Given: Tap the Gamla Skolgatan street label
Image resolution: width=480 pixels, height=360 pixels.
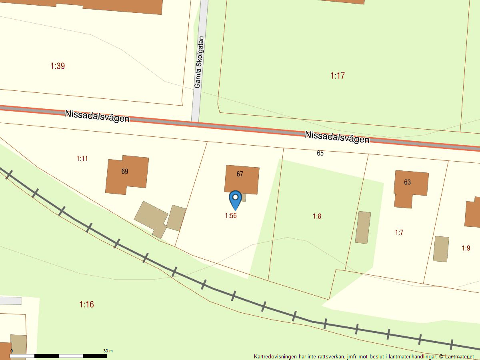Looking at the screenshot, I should pos(199,62).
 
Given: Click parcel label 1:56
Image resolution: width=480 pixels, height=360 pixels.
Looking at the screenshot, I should pos(231,216).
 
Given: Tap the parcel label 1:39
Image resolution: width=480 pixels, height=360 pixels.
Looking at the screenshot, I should pos(58,66).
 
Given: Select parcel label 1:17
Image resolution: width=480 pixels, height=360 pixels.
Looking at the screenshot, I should pos(338,76).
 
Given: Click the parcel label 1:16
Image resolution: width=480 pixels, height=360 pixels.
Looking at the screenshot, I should pos(86,304).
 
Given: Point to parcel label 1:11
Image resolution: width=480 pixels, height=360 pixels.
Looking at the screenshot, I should pos(82,159).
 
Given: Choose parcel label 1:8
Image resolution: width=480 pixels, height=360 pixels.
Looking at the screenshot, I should pos(317,216).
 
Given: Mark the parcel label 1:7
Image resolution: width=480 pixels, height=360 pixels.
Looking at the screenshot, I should pos(399,232).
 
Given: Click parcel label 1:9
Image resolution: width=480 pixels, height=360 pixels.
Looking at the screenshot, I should pos(466,248).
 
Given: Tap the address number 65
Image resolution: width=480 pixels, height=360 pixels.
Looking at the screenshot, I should pos(320,153).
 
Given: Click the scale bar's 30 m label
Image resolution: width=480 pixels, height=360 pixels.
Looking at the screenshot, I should pos(108,351).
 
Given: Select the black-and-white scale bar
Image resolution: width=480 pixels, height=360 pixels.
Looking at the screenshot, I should pos(58,356).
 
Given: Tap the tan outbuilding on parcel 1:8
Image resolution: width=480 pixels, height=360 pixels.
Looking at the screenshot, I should pos(363,227).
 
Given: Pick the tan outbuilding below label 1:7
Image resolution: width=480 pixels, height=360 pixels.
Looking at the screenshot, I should pos(441,249).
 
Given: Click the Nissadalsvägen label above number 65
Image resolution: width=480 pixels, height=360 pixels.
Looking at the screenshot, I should pos(337,137).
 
